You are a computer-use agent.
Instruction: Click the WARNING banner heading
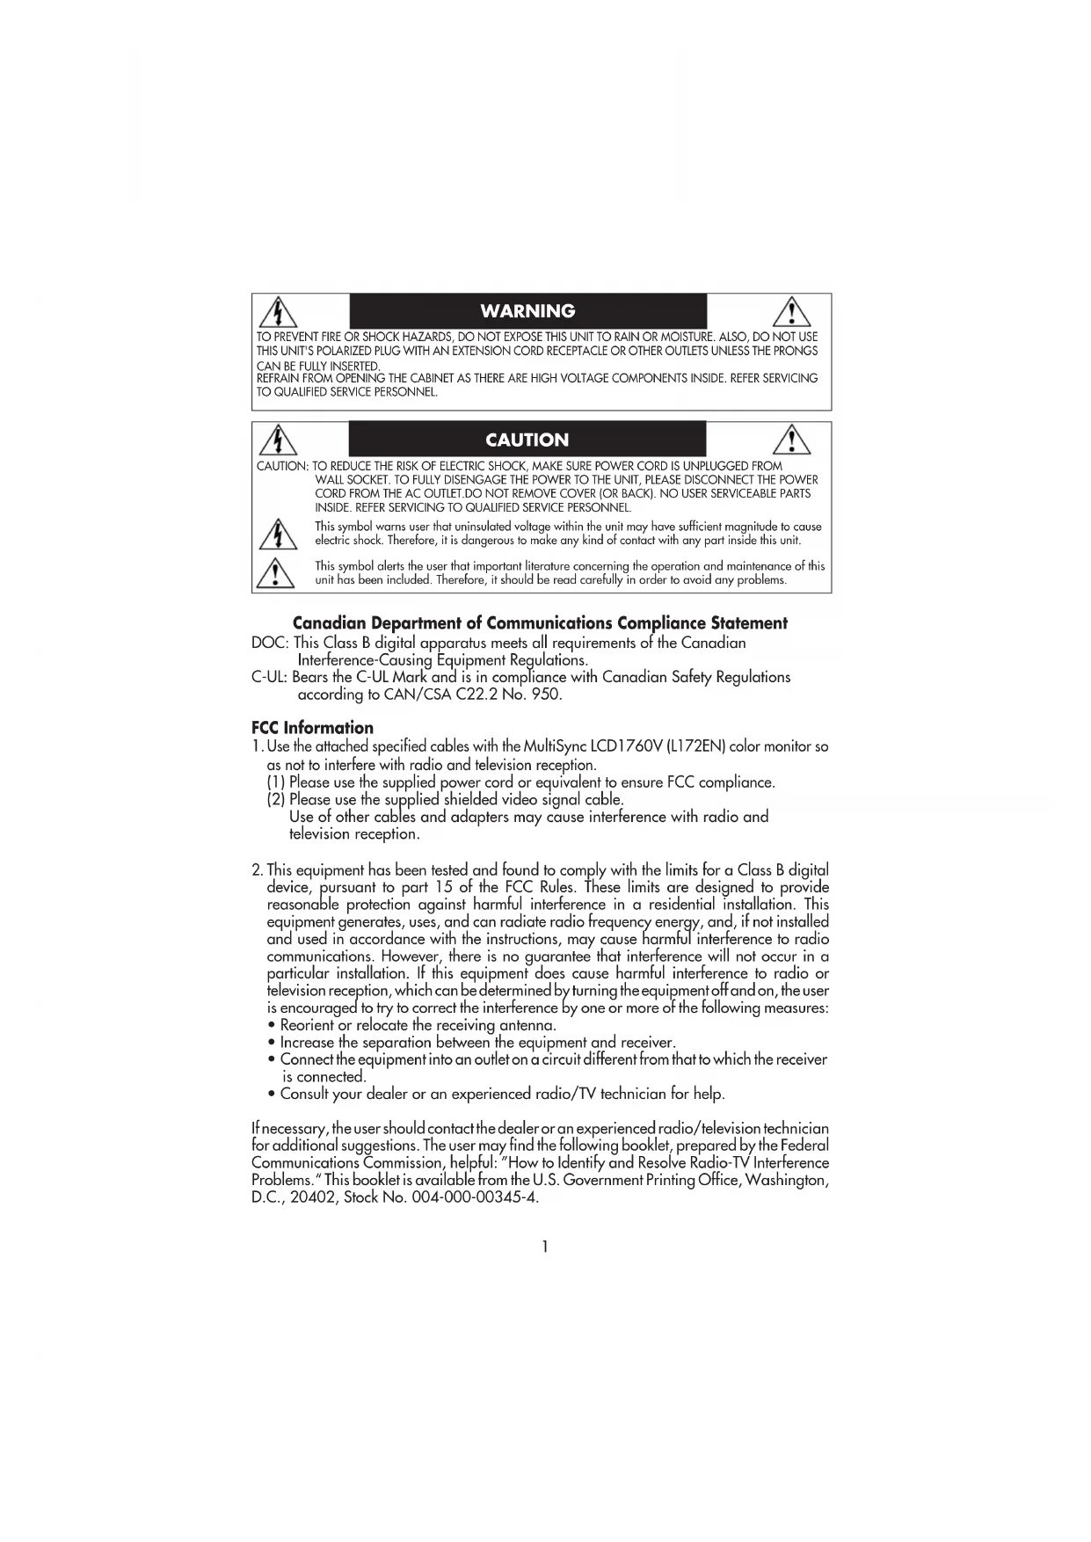pyautogui.click(x=527, y=311)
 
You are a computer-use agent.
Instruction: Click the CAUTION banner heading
pyautogui.click(x=527, y=440)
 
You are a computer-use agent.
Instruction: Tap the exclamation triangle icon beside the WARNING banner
pyautogui.click(x=791, y=312)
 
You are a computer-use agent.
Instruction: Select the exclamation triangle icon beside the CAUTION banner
pyautogui.click(x=791, y=440)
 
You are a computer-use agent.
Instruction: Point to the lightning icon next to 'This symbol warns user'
pyautogui.click(x=278, y=534)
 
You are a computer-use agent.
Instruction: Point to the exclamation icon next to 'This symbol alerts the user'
pyautogui.click(x=276, y=572)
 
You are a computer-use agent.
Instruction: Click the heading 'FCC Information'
pyautogui.click(x=312, y=728)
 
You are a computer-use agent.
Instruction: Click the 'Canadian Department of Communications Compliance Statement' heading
pyautogui.click(x=540, y=623)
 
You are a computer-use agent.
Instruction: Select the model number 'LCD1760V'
pyautogui.click(x=625, y=746)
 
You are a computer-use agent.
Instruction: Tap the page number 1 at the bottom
pyautogui.click(x=545, y=1247)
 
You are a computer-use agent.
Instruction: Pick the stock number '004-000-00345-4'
pyautogui.click(x=474, y=1197)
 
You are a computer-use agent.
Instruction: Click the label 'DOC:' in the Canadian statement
pyautogui.click(x=270, y=644)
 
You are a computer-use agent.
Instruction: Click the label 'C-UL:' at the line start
pyautogui.click(x=269, y=677)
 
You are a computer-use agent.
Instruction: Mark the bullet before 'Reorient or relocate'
pyautogui.click(x=273, y=1026)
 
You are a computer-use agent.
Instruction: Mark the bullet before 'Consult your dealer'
pyautogui.click(x=273, y=1095)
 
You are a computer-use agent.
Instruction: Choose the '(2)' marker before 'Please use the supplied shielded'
pyautogui.click(x=276, y=800)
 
